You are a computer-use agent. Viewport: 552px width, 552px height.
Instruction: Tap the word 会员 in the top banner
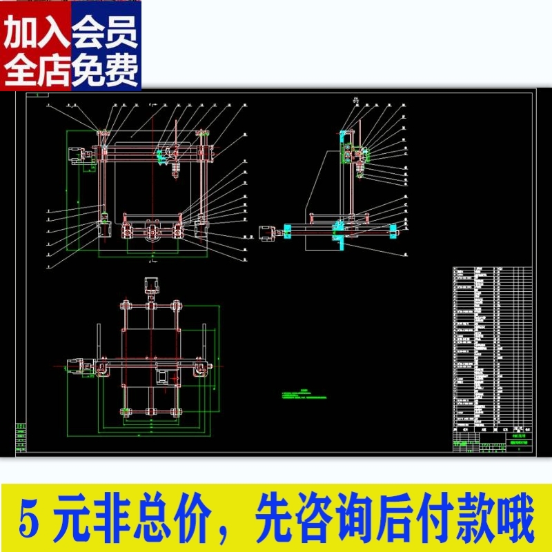[x=105, y=33]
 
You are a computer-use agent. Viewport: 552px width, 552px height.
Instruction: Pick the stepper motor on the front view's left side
[x=74, y=157]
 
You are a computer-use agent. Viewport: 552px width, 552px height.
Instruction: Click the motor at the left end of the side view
[x=266, y=233]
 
